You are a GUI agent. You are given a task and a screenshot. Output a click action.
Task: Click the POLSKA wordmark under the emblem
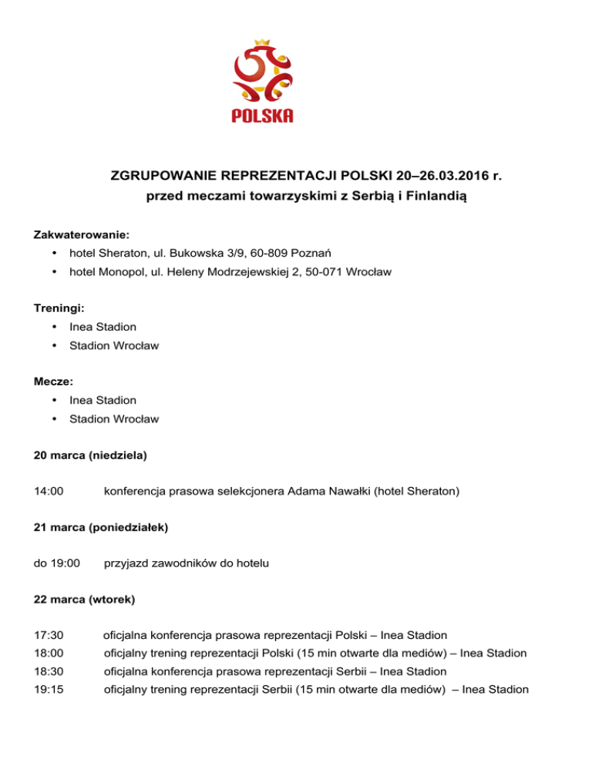[262, 116]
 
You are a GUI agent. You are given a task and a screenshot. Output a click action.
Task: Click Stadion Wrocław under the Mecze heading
[114, 419]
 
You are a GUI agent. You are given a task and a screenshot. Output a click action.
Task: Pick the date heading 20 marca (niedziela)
[90, 455]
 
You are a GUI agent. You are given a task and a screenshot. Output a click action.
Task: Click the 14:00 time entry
[49, 489]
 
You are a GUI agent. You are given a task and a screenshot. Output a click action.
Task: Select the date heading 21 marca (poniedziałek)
[101, 529]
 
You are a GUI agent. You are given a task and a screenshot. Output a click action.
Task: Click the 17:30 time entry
[49, 636]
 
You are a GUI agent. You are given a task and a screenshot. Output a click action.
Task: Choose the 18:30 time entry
[49, 671]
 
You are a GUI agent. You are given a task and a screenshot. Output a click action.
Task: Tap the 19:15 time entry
[49, 689]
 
